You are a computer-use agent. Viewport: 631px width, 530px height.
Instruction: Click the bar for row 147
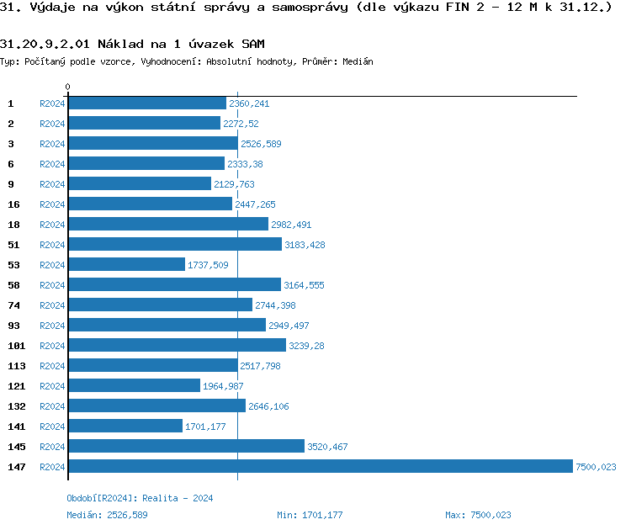pos(320,466)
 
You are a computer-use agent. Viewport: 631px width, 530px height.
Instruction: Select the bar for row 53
pos(126,264)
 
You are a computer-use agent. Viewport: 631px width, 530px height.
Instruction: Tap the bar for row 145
pos(186,446)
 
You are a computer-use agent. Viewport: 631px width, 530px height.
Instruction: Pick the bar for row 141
pos(125,426)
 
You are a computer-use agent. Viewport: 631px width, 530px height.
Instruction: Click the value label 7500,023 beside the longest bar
pos(596,467)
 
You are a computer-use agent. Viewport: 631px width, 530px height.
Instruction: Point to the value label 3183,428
pos(305,245)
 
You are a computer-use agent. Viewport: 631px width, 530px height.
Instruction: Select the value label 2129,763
pos(234,184)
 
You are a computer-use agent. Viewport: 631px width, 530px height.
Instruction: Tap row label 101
pos(17,345)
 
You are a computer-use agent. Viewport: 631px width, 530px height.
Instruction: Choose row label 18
pos(13,224)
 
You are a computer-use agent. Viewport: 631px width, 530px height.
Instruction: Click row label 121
pos(17,385)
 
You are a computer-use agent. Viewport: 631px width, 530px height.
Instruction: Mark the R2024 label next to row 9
pos(52,184)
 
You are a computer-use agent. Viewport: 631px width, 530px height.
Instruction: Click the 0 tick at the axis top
pos(67,87)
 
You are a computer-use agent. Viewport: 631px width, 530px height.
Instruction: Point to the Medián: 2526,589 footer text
pos(107,515)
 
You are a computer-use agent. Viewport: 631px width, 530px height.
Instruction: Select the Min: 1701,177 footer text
pos(310,515)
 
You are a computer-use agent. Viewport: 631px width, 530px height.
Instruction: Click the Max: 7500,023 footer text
pos(478,515)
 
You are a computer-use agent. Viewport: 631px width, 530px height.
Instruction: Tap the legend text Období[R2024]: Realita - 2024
pos(140,498)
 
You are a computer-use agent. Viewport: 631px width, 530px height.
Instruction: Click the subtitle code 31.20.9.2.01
pos(46,44)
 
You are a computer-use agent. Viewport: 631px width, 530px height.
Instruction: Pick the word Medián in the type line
pos(357,61)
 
